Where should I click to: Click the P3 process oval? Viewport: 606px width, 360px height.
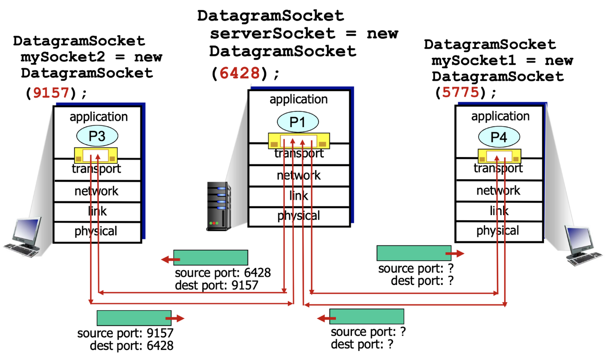97,136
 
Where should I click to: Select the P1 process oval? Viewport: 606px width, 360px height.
298,122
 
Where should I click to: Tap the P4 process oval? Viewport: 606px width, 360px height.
498,137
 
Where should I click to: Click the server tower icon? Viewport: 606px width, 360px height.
219,206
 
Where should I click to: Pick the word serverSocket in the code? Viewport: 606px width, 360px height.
273,34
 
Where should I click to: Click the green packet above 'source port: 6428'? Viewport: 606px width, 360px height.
210,258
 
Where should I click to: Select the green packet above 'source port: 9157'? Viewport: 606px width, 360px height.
134,318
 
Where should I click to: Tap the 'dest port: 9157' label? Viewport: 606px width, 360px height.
216,285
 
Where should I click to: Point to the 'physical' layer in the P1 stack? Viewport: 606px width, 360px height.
299,216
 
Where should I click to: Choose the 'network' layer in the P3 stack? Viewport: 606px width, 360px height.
96,191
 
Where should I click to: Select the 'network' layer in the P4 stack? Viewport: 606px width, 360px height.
498,190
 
